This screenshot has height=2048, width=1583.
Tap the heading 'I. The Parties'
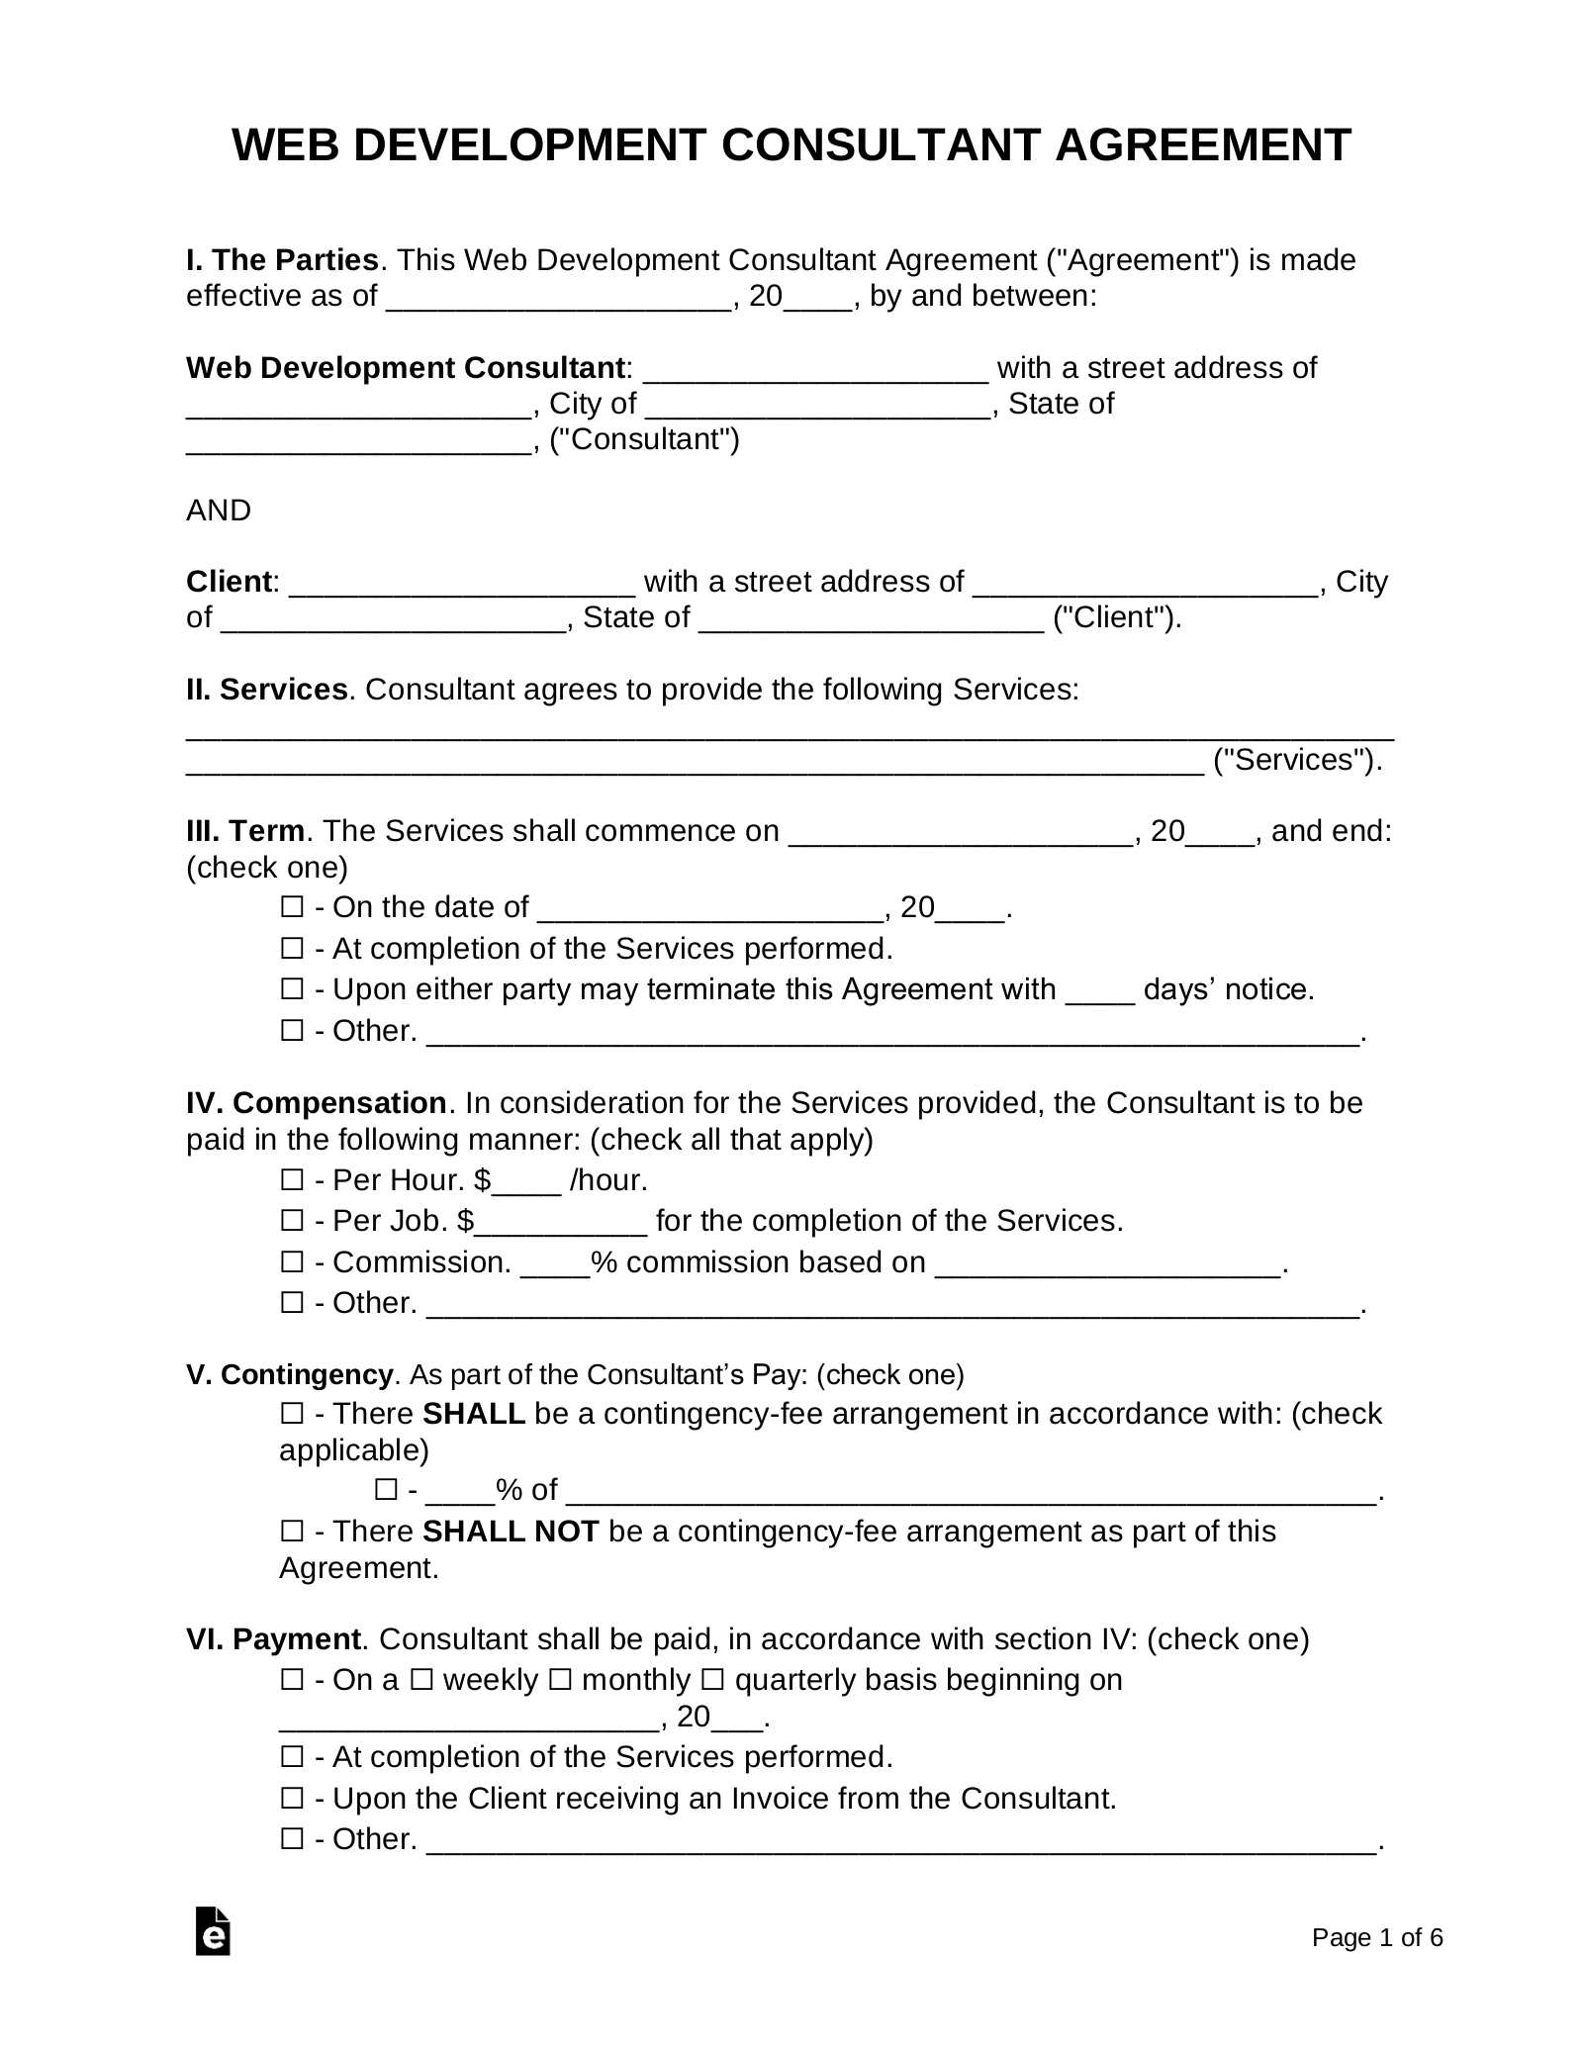282,260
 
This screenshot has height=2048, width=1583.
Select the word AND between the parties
219,511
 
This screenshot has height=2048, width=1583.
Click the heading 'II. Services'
266,690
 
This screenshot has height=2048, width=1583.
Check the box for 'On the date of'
292,907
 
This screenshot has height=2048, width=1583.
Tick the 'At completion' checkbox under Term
292,949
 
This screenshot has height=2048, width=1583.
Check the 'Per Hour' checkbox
292,1180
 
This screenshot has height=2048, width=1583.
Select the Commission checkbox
292,1262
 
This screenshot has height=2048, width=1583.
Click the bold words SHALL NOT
511,1532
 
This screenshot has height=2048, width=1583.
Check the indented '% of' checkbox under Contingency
386,1490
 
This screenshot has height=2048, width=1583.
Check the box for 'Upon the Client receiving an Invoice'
292,1798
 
